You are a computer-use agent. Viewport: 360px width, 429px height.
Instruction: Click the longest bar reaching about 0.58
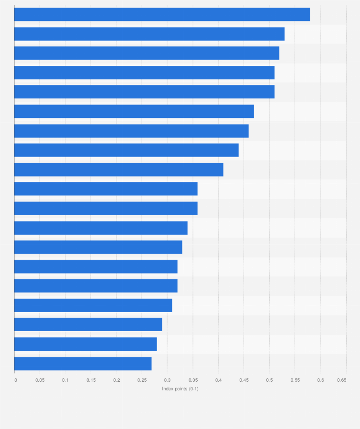pyautogui.click(x=162, y=15)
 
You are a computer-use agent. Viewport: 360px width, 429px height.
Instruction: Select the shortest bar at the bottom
pyautogui.click(x=83, y=364)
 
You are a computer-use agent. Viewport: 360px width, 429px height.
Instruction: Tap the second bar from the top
pyautogui.click(x=149, y=34)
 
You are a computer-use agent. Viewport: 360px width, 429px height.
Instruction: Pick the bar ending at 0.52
pyautogui.click(x=147, y=53)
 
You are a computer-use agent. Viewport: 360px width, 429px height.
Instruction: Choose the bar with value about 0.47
pyautogui.click(x=134, y=112)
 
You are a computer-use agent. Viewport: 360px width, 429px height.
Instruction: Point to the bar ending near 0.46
pyautogui.click(x=131, y=131)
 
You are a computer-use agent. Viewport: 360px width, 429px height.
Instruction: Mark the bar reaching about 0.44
pyautogui.click(x=126, y=150)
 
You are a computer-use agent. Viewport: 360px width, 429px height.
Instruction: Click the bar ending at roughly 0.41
pyautogui.click(x=118, y=169)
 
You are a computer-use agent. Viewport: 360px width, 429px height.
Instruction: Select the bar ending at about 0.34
pyautogui.click(x=101, y=228)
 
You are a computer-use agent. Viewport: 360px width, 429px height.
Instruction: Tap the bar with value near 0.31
pyautogui.click(x=93, y=305)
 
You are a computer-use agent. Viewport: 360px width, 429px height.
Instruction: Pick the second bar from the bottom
pyautogui.click(x=85, y=344)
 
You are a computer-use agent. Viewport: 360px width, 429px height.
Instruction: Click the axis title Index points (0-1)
pyautogui.click(x=180, y=389)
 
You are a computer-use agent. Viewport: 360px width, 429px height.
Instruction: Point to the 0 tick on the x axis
pyautogui.click(x=15, y=380)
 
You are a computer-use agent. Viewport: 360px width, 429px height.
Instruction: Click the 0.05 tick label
pyautogui.click(x=40, y=380)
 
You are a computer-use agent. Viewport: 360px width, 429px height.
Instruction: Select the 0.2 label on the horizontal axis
pyautogui.click(x=116, y=380)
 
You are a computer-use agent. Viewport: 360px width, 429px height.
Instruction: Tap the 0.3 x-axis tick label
pyautogui.click(x=167, y=380)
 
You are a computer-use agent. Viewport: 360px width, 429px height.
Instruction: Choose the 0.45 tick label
pyautogui.click(x=244, y=380)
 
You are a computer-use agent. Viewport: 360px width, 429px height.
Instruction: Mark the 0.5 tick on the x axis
pyautogui.click(x=269, y=380)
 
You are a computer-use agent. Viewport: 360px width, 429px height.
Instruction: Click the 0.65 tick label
pyautogui.click(x=341, y=380)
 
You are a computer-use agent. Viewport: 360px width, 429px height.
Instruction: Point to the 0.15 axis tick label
pyautogui.click(x=91, y=380)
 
